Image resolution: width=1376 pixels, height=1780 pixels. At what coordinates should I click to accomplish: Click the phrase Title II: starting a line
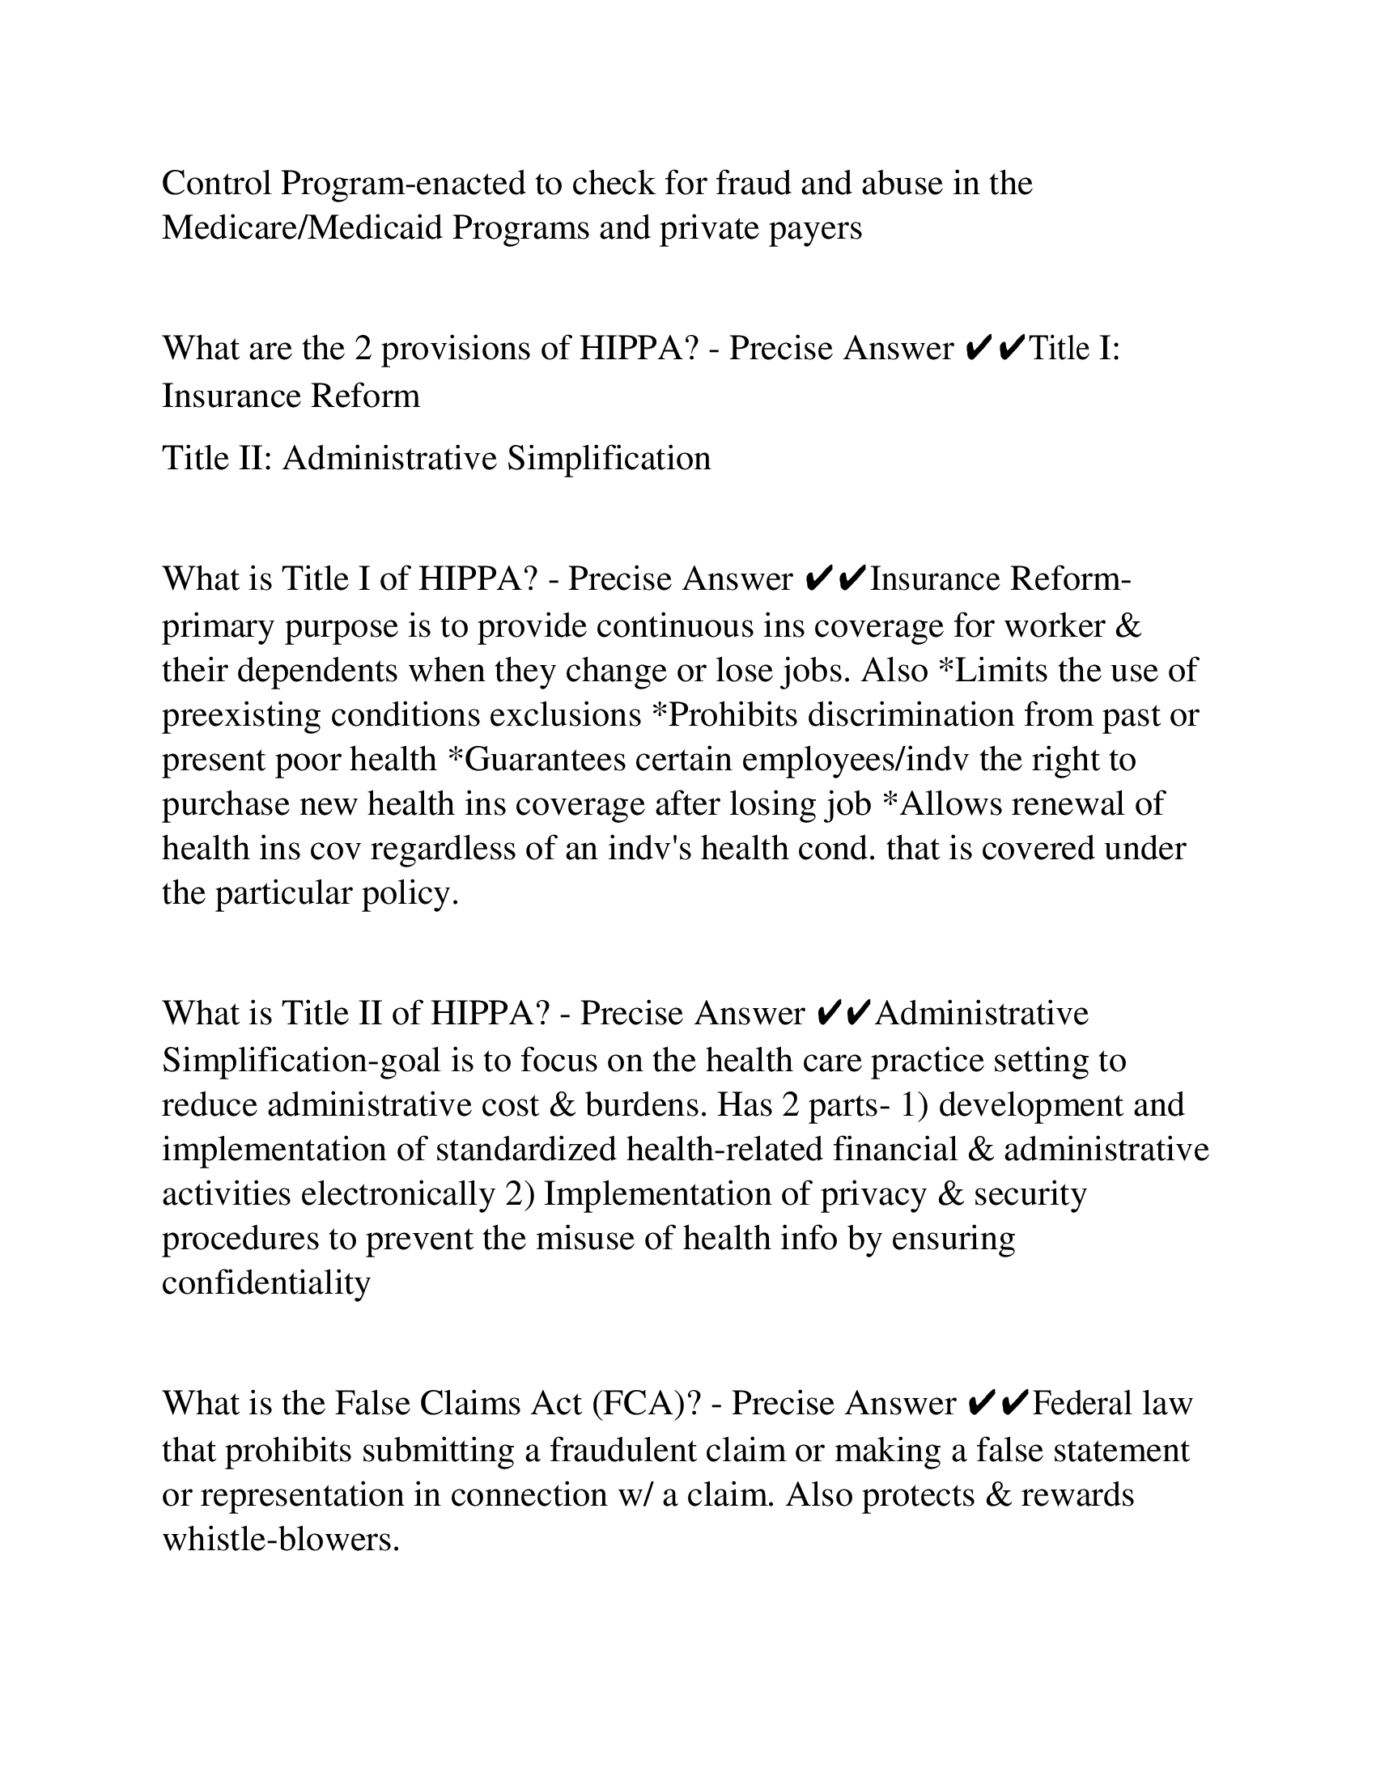click(217, 458)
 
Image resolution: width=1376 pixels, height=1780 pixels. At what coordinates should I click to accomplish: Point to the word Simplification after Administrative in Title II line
click(608, 458)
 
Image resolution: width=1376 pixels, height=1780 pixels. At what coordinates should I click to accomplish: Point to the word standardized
click(527, 1150)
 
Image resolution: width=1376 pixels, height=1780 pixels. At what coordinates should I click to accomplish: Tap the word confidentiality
click(266, 1284)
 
